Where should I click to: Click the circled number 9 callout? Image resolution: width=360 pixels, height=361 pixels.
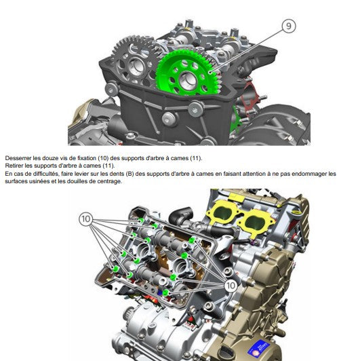coord(289,26)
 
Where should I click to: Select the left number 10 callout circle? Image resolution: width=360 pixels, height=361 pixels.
coord(85,218)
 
